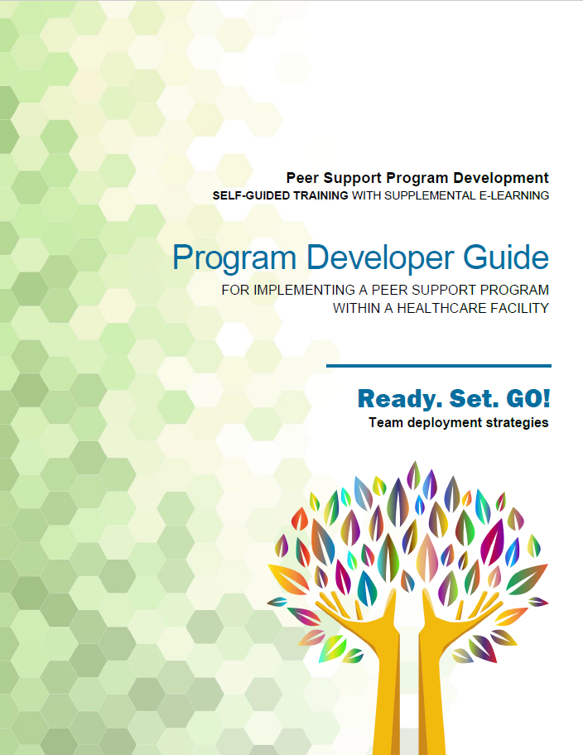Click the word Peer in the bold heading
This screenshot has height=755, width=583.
click(302, 178)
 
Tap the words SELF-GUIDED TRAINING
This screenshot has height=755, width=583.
click(281, 195)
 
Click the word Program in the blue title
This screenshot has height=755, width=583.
click(234, 258)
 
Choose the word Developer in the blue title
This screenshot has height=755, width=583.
click(380, 258)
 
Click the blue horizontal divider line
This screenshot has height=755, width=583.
click(438, 366)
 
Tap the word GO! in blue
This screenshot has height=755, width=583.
click(528, 399)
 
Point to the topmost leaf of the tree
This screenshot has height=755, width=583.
click(413, 475)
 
